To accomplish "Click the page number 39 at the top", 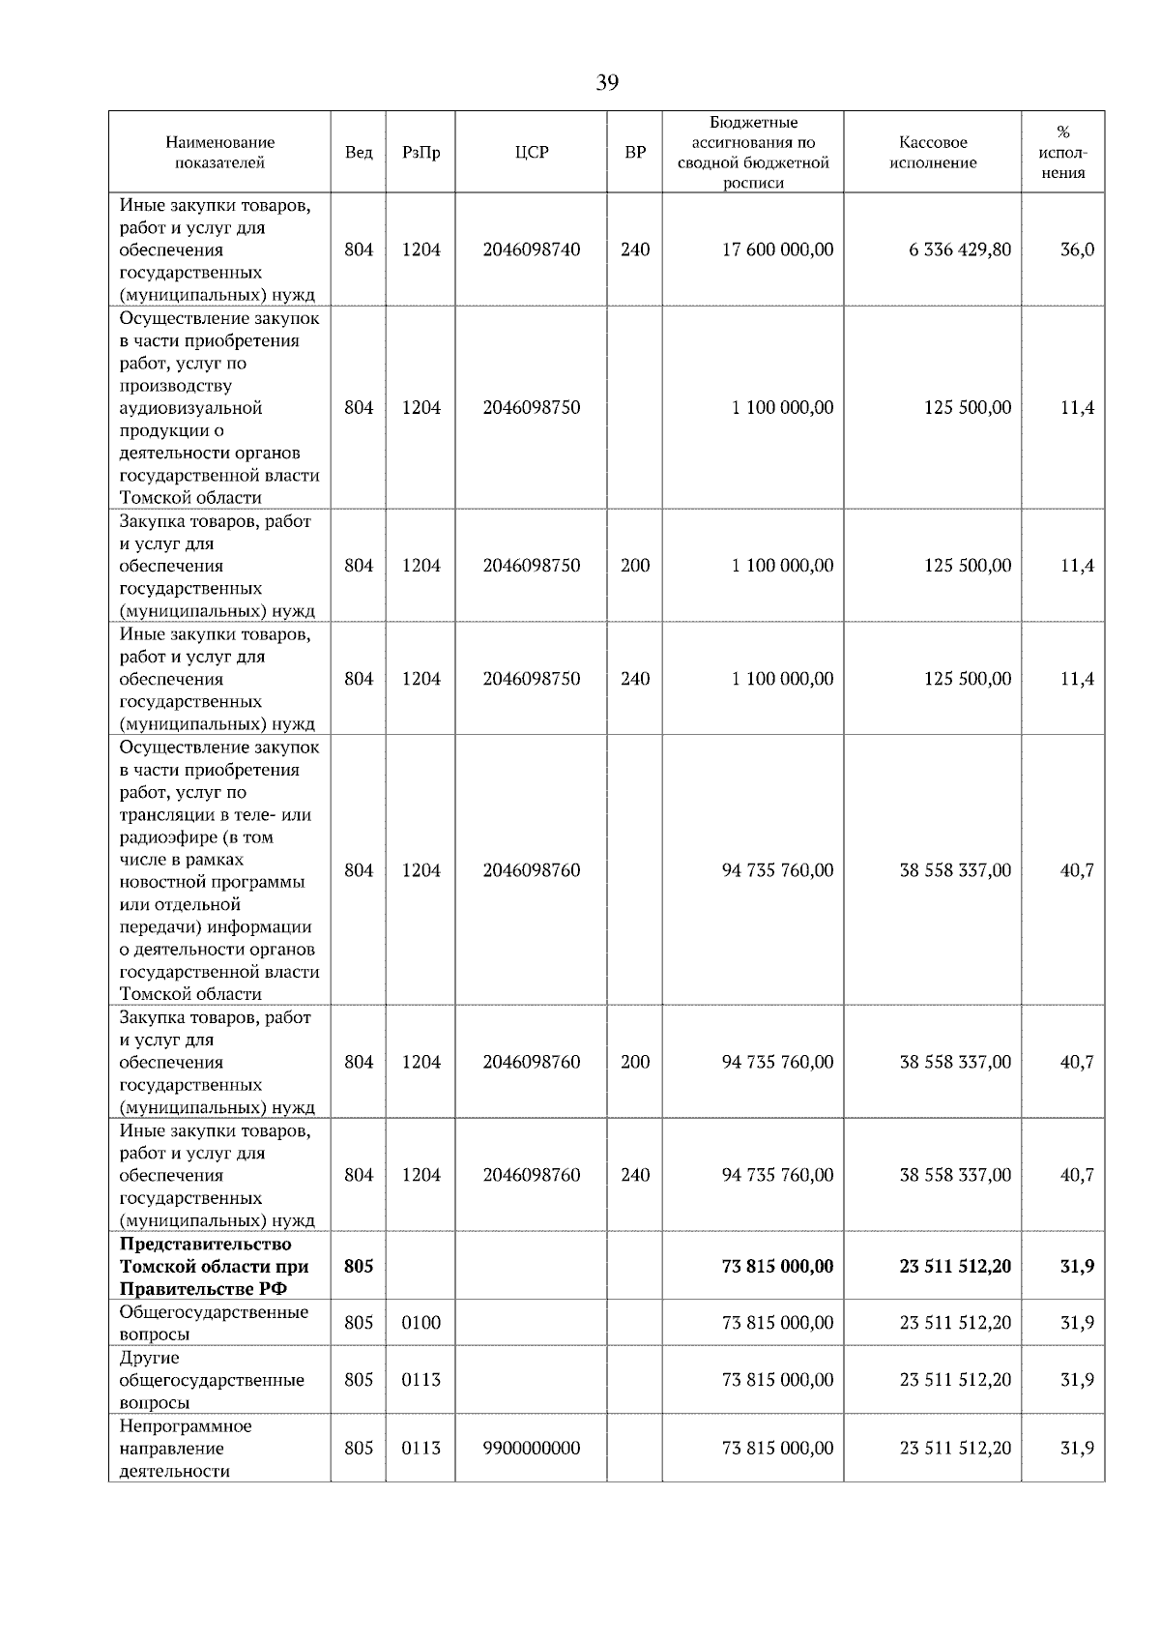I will [x=606, y=83].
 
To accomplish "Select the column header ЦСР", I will [x=531, y=153].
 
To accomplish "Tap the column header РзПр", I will [x=420, y=153].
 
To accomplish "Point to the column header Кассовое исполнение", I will [x=932, y=153].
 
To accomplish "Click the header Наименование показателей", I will [x=219, y=153].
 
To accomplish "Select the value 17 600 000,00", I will [x=777, y=249].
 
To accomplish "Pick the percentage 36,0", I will [x=1077, y=249].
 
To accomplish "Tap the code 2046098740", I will [x=532, y=249].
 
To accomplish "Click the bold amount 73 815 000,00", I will [x=777, y=1266].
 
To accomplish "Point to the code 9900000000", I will [x=532, y=1448].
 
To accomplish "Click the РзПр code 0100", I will [x=420, y=1322].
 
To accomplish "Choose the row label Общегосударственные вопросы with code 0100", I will [x=214, y=1322].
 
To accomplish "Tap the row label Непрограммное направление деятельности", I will [x=185, y=1448].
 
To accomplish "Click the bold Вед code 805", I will [x=358, y=1266].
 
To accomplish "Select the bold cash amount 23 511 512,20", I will [x=955, y=1266].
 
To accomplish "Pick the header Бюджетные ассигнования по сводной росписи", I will [x=753, y=153].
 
